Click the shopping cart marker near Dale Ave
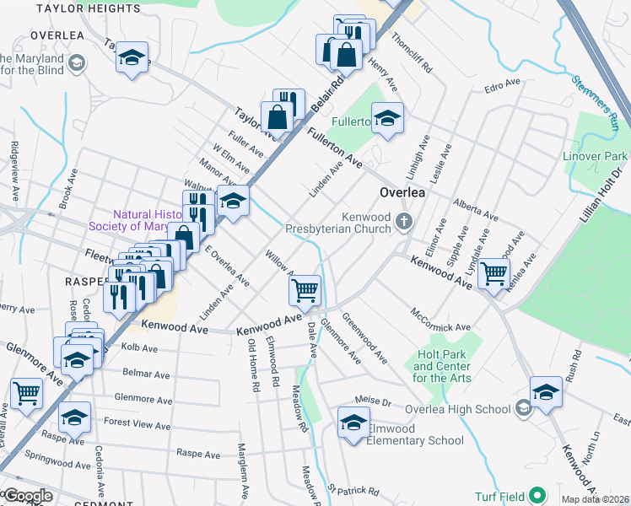coord(305,290)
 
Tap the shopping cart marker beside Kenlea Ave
coord(493,272)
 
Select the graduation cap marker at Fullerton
coord(387,118)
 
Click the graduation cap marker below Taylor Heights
coord(132,58)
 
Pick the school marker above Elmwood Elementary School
coord(353,423)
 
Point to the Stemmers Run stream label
coord(598,102)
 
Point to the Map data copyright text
coord(596,499)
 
